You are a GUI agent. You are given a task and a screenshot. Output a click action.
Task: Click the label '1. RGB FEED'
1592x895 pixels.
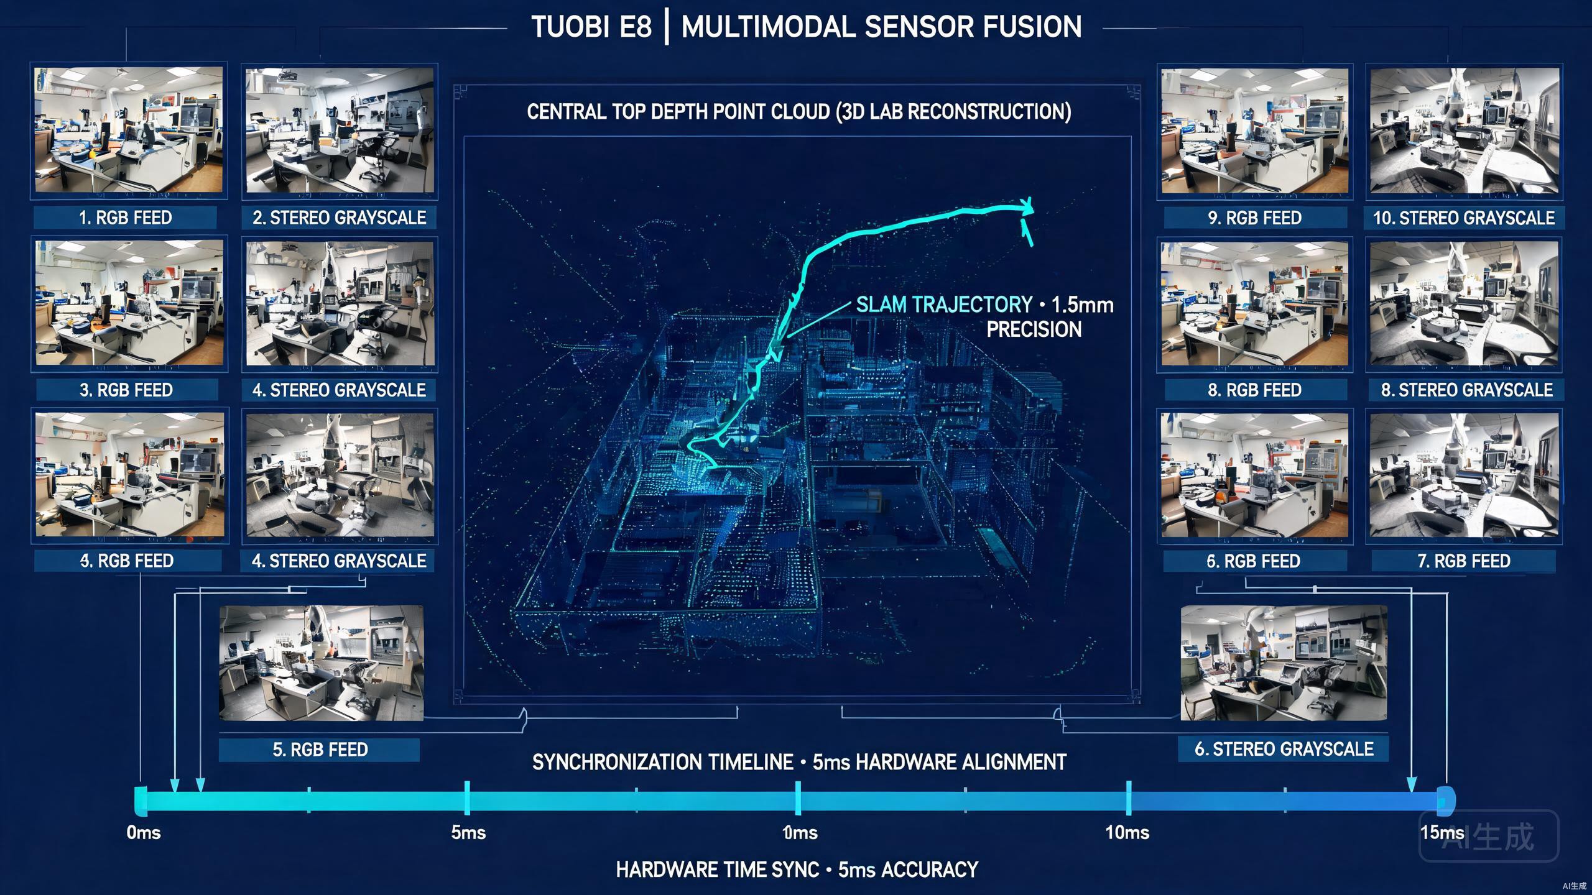click(125, 218)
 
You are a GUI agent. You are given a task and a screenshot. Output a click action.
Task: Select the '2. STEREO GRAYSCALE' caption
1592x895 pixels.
click(339, 218)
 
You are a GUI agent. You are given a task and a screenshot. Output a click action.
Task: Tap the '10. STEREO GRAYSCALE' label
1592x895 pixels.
click(1463, 218)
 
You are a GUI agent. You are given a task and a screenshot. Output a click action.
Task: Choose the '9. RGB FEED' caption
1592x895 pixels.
click(1254, 218)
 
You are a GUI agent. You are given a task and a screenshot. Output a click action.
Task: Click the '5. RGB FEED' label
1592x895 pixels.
click(320, 750)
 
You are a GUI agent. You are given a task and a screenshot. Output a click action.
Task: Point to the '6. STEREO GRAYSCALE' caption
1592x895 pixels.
click(1284, 749)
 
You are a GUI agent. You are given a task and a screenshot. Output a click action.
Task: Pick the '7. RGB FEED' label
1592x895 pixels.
click(1463, 561)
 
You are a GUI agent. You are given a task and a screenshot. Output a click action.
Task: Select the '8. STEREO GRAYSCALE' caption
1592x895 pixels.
click(1466, 390)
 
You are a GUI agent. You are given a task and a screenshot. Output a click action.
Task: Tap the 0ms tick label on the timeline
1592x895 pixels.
click(144, 832)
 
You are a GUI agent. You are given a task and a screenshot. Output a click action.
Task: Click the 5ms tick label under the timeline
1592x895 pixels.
click(468, 832)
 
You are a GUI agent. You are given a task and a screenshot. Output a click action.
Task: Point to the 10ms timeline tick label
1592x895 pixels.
click(1127, 832)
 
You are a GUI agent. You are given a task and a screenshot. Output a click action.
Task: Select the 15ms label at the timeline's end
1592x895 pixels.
click(1442, 832)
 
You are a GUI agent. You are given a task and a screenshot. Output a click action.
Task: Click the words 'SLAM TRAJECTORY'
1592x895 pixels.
click(944, 305)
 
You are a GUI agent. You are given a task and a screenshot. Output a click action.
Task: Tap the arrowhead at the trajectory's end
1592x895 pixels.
click(1027, 206)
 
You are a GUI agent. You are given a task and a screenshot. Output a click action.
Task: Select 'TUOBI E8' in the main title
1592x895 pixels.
click(591, 27)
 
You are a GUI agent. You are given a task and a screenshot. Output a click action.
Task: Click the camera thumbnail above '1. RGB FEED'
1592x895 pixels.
click(129, 130)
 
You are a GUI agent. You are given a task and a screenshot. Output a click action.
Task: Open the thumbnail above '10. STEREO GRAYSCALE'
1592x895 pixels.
click(1464, 131)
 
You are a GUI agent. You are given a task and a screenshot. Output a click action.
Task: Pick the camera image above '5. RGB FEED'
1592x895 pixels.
click(321, 663)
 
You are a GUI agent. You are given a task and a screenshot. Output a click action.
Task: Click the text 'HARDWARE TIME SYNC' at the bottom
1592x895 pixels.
click(717, 870)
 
